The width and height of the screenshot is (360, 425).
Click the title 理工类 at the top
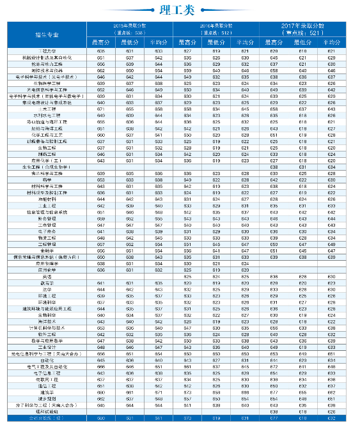click(180, 9)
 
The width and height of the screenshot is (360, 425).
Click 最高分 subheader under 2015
click(101, 42)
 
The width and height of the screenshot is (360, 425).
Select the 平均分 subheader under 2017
click(331, 42)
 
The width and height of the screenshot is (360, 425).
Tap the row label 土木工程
click(47, 109)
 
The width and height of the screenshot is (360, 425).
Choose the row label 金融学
click(47, 251)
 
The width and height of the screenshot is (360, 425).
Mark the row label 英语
click(47, 276)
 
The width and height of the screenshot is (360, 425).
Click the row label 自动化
click(47, 360)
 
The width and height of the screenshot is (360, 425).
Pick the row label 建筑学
click(47, 392)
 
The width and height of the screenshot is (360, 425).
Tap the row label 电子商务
click(47, 231)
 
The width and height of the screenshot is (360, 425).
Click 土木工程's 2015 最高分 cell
click(101, 109)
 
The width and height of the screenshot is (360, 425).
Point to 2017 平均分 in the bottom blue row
click(331, 419)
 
